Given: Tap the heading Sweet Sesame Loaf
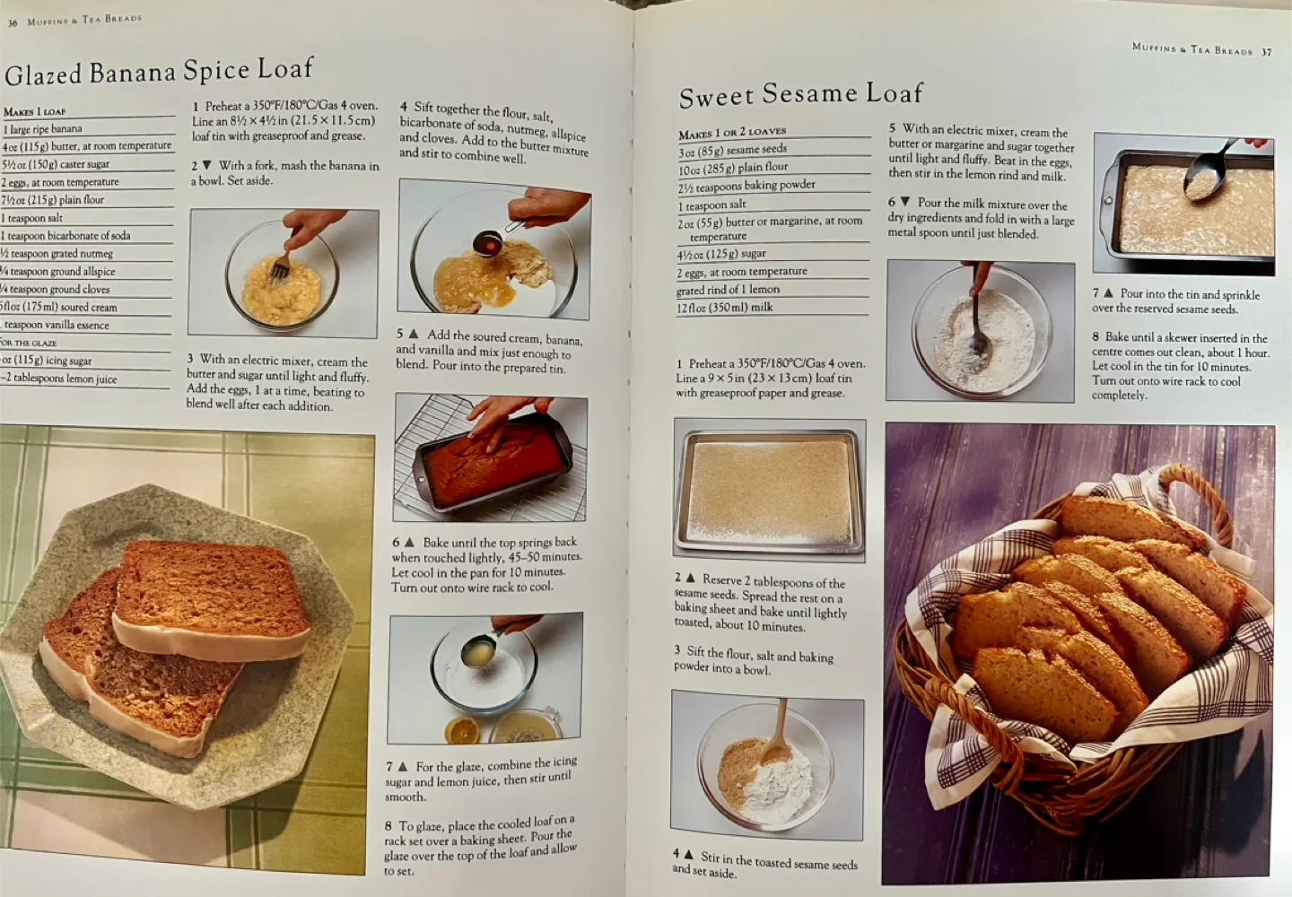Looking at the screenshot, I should [x=800, y=94].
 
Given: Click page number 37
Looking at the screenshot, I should [x=1266, y=52].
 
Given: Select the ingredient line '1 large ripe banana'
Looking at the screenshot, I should [x=43, y=129].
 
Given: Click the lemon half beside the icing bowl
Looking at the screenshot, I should [x=461, y=729].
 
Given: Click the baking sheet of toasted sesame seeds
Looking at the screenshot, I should [x=769, y=486].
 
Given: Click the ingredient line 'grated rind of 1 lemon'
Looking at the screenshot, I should [x=728, y=290].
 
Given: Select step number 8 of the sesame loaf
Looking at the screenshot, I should [x=1096, y=338].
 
